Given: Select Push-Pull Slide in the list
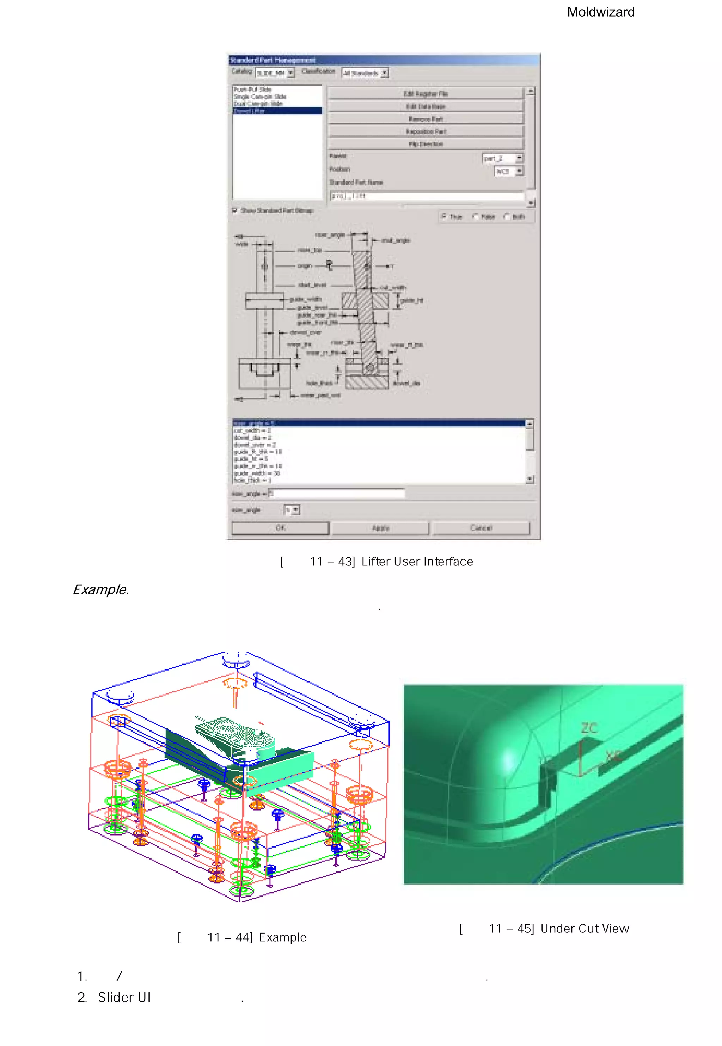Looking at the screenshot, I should click(x=252, y=90).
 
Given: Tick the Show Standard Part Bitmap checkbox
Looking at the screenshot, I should click(x=235, y=210).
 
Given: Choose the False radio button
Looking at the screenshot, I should click(x=475, y=217).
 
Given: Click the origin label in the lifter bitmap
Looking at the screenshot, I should click(x=305, y=266).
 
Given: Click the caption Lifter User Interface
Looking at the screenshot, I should click(x=417, y=562).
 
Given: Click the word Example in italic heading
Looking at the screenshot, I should click(x=100, y=590).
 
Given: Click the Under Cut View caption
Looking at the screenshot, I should click(x=585, y=929).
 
